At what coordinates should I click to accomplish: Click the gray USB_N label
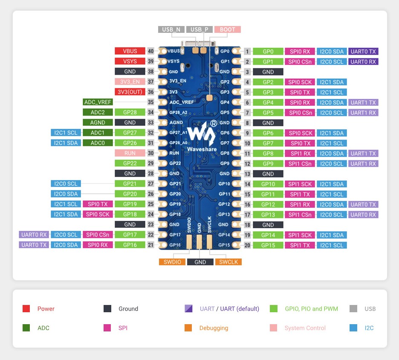pos(172,29)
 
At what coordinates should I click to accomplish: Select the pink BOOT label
pos(228,29)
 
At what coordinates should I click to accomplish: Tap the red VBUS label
pos(130,51)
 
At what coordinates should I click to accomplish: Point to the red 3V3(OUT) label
pos(130,92)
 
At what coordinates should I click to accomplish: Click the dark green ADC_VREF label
pos(98,102)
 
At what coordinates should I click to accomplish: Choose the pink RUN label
pos(130,153)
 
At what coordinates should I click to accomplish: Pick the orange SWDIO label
pos(172,262)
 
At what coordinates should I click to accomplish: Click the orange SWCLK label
pos(228,262)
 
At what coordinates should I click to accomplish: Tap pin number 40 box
pos(150,51)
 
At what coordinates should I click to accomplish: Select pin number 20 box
pos(247,245)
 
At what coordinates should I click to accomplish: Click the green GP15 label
pos(268,245)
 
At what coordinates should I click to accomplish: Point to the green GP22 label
pos(130,163)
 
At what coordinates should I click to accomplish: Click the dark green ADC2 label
pos(98,112)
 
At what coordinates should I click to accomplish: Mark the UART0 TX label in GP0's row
pos(364,51)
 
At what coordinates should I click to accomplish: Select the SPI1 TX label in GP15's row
pos(300,245)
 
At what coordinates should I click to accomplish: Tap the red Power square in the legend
pos(26,309)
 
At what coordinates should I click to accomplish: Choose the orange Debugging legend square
pos(188,328)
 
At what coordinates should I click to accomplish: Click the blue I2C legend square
pos(353,328)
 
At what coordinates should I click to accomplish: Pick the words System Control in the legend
pos(305,328)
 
